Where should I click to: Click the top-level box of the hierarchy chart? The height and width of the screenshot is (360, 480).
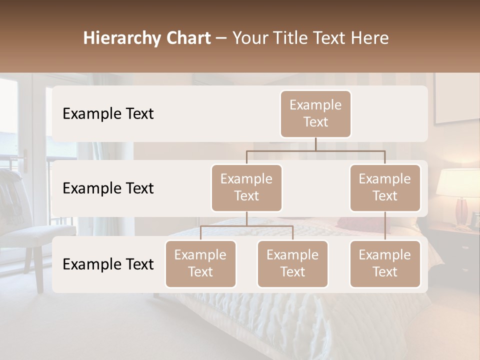[315, 113]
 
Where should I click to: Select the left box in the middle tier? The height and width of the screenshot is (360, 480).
[246, 187]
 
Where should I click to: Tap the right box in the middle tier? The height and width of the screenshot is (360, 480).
[385, 187]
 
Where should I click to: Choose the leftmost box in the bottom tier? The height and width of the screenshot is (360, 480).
[200, 263]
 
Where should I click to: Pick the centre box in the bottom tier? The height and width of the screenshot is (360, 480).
[292, 263]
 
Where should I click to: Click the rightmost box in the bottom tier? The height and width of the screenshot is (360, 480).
[385, 263]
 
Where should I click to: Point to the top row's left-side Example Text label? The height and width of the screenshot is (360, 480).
[108, 113]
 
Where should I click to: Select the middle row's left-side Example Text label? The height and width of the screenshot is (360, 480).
[108, 188]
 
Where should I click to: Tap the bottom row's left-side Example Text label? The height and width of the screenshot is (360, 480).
[108, 264]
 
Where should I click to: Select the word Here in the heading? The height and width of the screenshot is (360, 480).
[369, 38]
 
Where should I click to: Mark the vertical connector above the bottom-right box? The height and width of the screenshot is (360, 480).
[385, 226]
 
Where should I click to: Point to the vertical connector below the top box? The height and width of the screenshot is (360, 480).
[315, 144]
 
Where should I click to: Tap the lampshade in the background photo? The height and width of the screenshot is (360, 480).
[457, 183]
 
